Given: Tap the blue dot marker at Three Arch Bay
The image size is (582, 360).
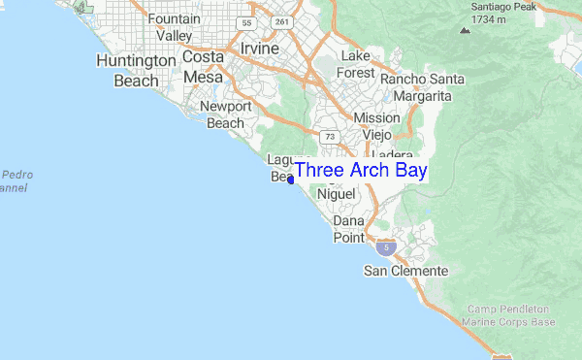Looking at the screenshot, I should [291, 180].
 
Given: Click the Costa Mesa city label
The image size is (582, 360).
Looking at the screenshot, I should [204, 67].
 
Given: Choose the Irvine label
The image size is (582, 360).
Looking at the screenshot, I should [256, 49].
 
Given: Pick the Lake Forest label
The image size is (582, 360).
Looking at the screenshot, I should [355, 64].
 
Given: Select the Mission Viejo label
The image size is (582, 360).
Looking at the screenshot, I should [376, 126].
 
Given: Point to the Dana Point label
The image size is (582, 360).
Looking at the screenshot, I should [348, 229].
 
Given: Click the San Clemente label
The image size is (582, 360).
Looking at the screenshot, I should [405, 271].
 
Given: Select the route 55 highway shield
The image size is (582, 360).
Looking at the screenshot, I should [247, 22].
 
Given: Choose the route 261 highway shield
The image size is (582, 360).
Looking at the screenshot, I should [282, 22].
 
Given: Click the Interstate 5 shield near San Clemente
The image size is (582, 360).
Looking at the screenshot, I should [387, 248].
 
